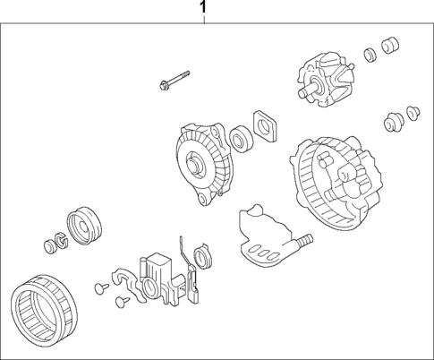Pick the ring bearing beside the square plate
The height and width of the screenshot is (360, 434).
coord(240,139)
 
